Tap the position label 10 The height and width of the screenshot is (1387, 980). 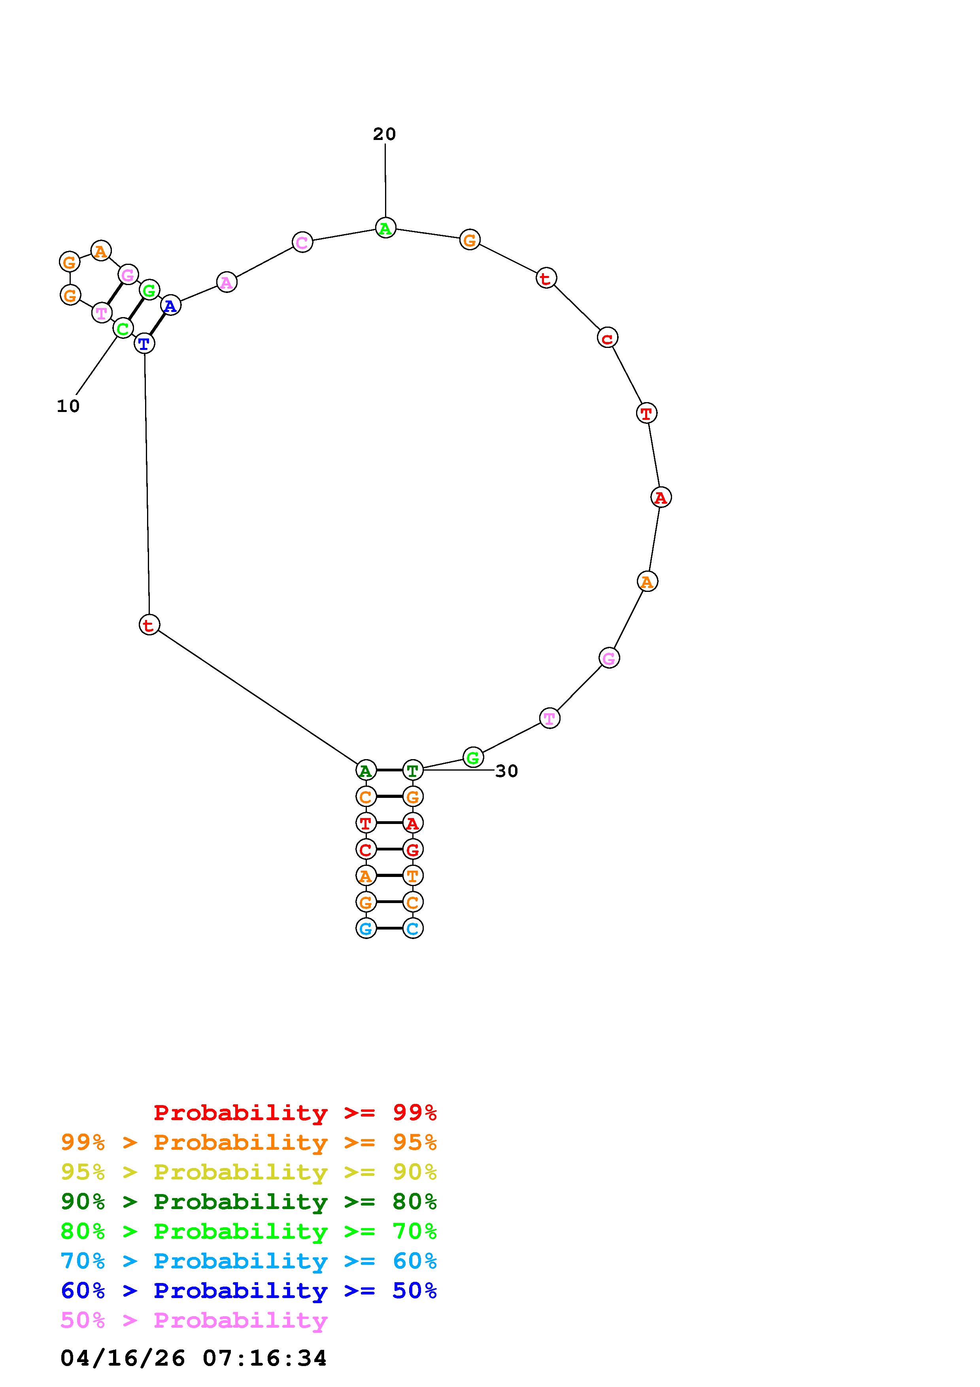pos(68,406)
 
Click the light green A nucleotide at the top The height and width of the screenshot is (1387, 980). pos(385,228)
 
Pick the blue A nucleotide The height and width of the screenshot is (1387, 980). pos(171,306)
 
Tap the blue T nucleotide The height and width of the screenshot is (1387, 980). pos(144,344)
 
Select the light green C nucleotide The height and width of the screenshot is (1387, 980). pos(123,329)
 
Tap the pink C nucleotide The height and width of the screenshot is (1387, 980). pos(302,242)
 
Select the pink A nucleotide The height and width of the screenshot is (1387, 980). pos(227,282)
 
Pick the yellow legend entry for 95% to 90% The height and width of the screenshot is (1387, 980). pos(249,1172)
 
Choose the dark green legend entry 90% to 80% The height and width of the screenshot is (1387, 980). pos(249,1202)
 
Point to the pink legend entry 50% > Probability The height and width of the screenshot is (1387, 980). pos(194,1320)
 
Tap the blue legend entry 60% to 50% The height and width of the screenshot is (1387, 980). pos(249,1291)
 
